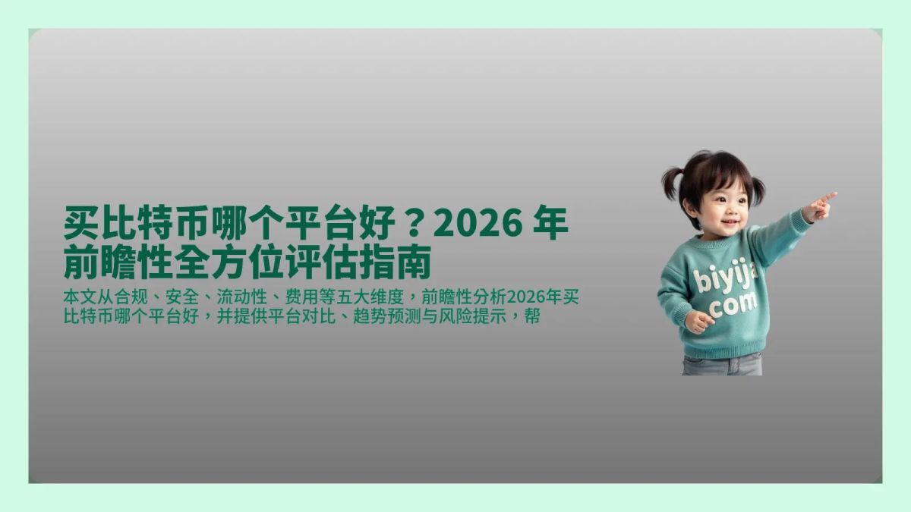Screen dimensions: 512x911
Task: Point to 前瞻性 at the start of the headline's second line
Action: (118, 262)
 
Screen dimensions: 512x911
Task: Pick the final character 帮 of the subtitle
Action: (532, 316)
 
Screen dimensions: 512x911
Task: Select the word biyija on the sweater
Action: (725, 278)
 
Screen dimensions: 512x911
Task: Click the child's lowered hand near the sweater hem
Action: (697, 321)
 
